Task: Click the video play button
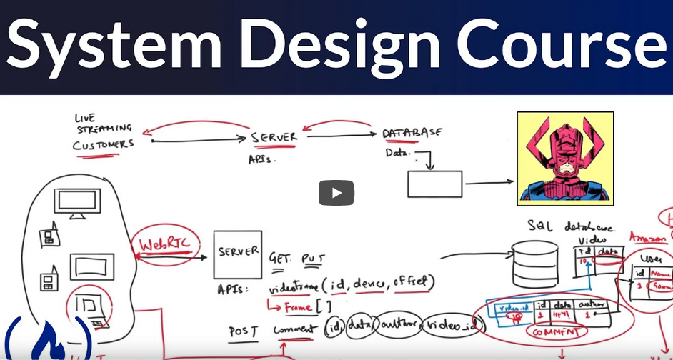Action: tap(336, 192)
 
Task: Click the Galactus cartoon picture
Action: tap(565, 158)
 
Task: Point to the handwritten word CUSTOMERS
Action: tap(103, 144)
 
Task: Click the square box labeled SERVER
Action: tap(238, 255)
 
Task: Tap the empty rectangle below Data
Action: tap(434, 184)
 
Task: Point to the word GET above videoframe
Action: tap(281, 259)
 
